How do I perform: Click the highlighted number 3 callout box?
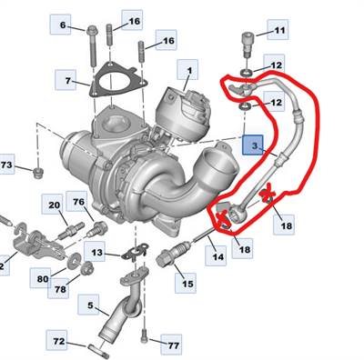click(253, 145)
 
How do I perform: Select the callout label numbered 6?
click(61, 25)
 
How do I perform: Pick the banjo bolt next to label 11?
click(248, 45)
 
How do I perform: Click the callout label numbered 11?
click(278, 30)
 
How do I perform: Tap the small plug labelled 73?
click(38, 174)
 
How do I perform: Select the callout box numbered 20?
click(54, 205)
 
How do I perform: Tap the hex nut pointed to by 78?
click(87, 267)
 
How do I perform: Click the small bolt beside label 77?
click(145, 335)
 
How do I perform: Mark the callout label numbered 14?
click(216, 256)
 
